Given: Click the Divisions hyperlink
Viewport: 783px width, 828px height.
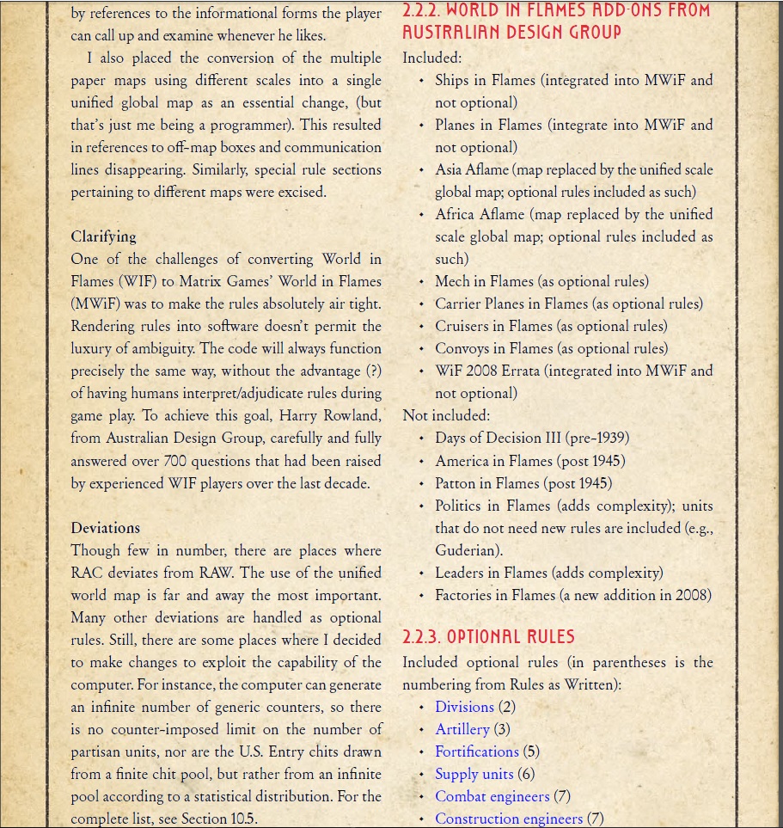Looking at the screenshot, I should pyautogui.click(x=464, y=707).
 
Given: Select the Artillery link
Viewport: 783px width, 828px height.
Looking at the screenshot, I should pyautogui.click(x=462, y=729).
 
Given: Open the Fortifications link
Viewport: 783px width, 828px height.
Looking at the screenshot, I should pyautogui.click(x=477, y=751).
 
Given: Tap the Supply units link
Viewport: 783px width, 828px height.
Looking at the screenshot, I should pyautogui.click(x=474, y=774).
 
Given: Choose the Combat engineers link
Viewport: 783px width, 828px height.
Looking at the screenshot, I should pyautogui.click(x=492, y=796).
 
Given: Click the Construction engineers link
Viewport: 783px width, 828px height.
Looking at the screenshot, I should pyautogui.click(x=509, y=819).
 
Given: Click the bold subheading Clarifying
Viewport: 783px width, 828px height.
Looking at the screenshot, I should pyautogui.click(x=103, y=236).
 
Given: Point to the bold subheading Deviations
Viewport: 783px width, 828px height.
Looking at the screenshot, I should pyautogui.click(x=105, y=528).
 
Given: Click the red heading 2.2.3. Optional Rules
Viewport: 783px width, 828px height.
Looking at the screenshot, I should pyautogui.click(x=488, y=638).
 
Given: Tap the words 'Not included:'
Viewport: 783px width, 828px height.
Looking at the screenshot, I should pyautogui.click(x=446, y=415).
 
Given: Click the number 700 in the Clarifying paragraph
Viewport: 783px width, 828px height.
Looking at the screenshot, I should pyautogui.click(x=174, y=461).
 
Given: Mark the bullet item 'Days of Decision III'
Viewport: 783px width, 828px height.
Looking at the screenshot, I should pyautogui.click(x=498, y=439).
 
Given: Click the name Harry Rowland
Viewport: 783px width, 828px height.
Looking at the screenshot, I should pyautogui.click(x=329, y=416).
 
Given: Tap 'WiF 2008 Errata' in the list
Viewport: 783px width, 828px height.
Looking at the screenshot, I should pyautogui.click(x=486, y=371).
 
